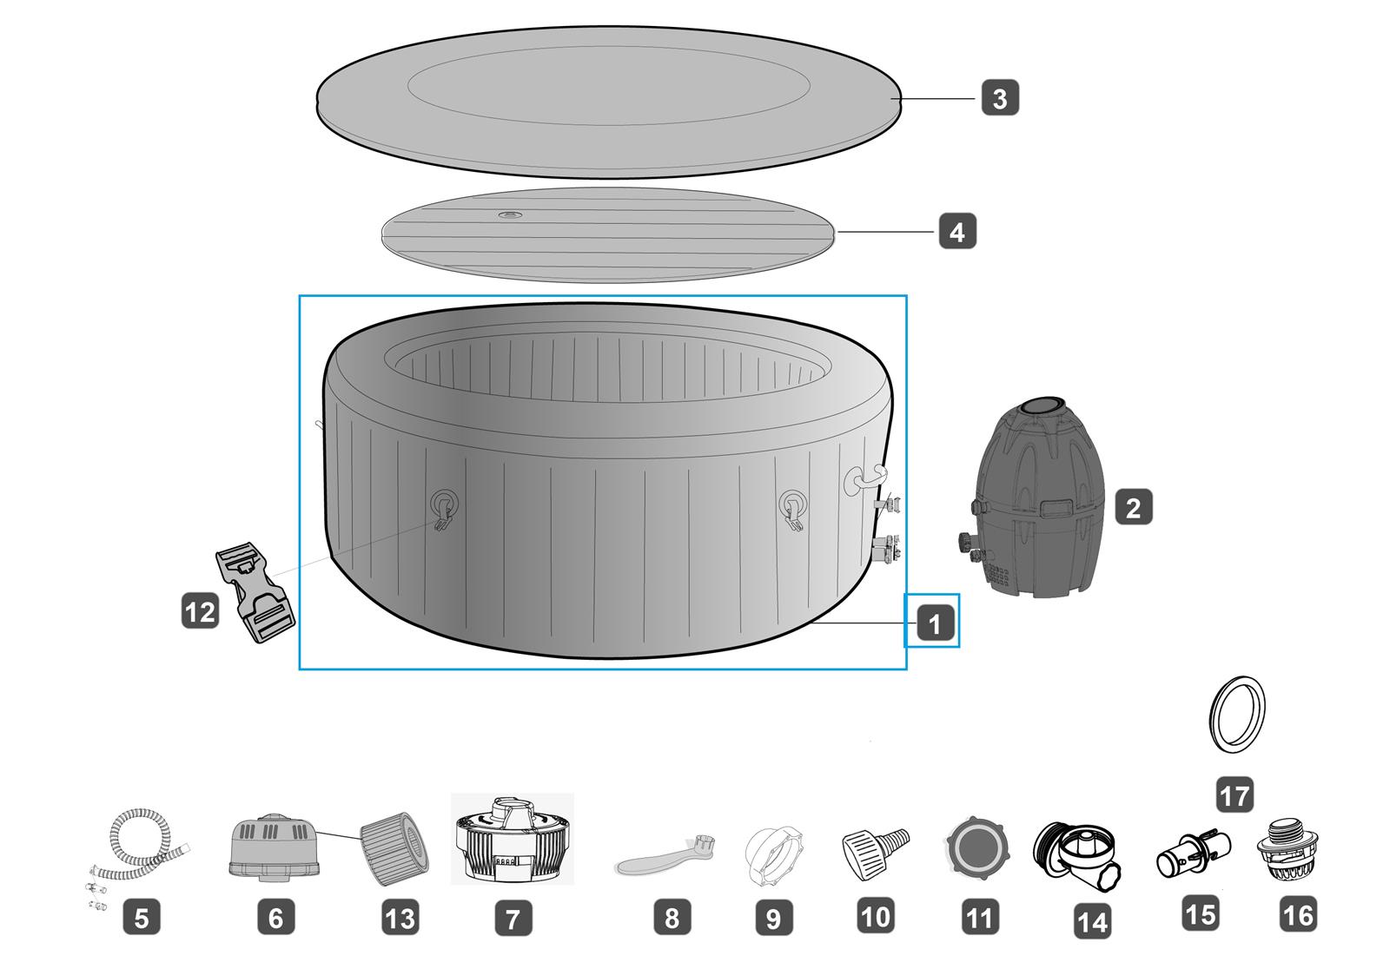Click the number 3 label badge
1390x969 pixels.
click(1000, 97)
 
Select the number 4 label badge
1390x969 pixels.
click(956, 231)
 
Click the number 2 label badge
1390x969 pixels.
click(1133, 507)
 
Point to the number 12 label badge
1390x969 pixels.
click(200, 611)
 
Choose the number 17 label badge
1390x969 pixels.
click(1234, 794)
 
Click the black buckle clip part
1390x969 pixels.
click(255, 592)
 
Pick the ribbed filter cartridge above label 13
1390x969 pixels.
click(394, 848)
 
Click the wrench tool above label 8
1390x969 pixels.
click(664, 854)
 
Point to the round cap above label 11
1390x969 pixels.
click(978, 848)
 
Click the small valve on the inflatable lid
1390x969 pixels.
click(511, 215)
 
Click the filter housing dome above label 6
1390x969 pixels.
click(275, 847)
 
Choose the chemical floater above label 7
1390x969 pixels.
click(512, 838)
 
